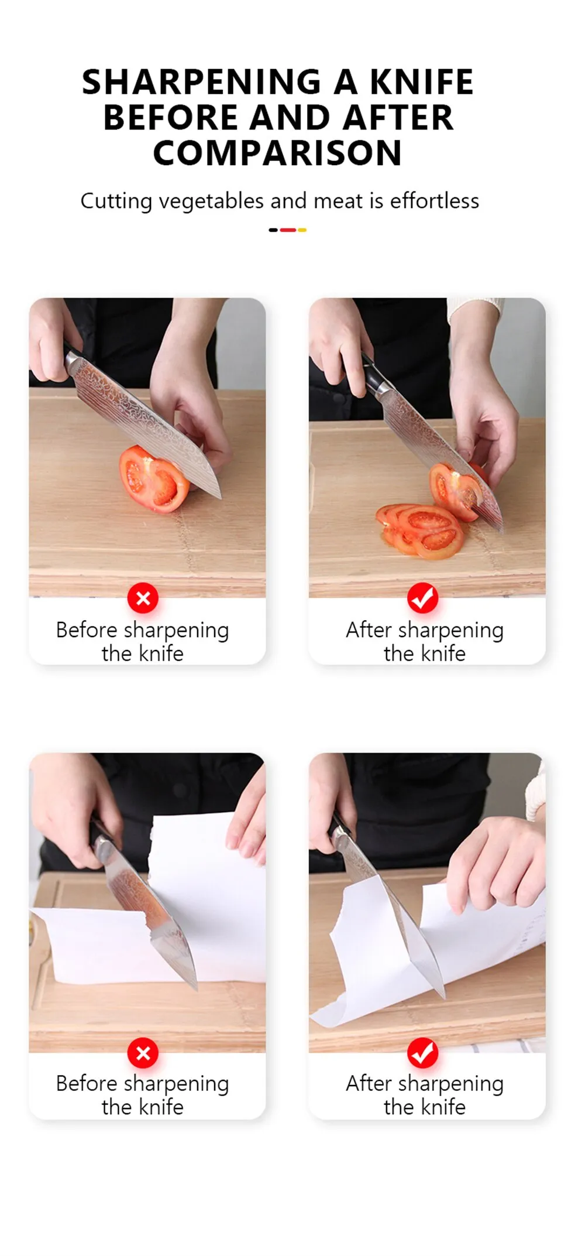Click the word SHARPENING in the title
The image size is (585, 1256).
(x=202, y=81)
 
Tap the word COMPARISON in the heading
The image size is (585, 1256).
(x=277, y=153)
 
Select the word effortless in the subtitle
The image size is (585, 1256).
(x=435, y=201)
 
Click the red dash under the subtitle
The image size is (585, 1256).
(x=288, y=230)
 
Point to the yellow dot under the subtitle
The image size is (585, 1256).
(x=302, y=230)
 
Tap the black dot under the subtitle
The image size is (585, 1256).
(x=273, y=230)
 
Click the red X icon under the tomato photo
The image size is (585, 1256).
(x=143, y=598)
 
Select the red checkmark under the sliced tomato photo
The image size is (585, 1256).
(x=423, y=598)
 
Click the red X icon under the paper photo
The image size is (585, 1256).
(x=143, y=1053)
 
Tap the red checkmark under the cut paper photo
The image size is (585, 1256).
(x=423, y=1053)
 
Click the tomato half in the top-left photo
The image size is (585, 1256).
(x=153, y=479)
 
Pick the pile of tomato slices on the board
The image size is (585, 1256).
(x=420, y=529)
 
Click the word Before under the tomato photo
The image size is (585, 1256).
(x=87, y=630)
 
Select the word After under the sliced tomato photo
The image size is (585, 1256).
(x=369, y=630)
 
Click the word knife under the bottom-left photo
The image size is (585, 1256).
(x=160, y=1107)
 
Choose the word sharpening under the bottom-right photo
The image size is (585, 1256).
(x=450, y=1085)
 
